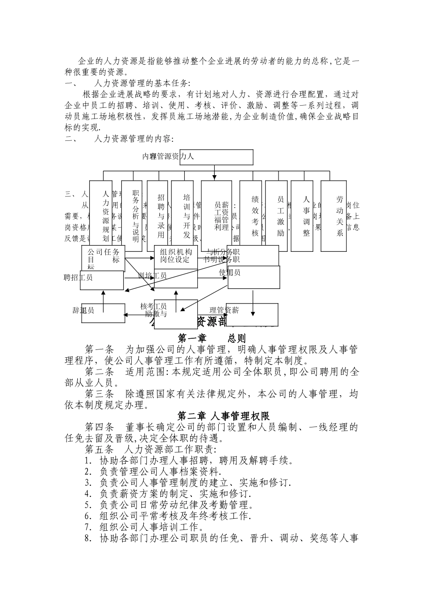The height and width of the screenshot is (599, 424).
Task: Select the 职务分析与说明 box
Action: [132, 216]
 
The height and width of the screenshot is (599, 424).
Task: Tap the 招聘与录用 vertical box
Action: [158, 216]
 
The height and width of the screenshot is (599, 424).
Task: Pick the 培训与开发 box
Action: [183, 216]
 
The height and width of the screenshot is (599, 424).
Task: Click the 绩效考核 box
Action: [251, 216]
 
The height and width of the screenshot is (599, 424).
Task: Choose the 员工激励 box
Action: [277, 216]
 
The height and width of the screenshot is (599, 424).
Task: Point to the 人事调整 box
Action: [302, 216]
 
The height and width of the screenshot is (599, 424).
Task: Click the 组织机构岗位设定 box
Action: [176, 256]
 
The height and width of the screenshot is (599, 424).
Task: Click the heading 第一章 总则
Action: [212, 338]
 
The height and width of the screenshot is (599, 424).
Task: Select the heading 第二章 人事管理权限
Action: [223, 416]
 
